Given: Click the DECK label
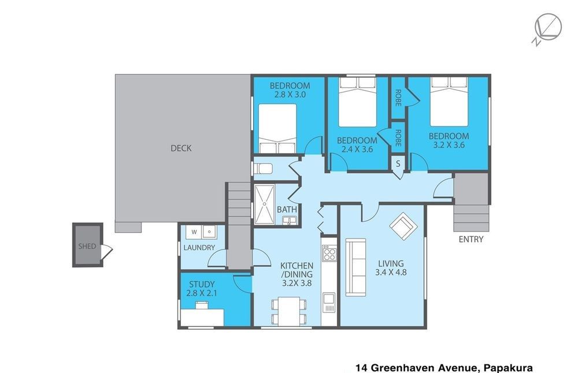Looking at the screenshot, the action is point(181,148).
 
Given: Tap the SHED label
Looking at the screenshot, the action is point(87,246).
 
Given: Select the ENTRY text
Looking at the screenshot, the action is point(470,240).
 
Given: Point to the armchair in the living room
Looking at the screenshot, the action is point(403,226).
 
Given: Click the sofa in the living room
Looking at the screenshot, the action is point(355,267).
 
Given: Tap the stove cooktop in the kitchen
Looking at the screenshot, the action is point(329,253).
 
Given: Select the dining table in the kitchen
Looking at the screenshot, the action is point(288,312).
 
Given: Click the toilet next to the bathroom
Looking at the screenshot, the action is point(263,169).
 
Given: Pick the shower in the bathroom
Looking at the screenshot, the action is point(264,204).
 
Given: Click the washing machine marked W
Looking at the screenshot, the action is point(194,232).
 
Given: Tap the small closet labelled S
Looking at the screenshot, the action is point(398,163).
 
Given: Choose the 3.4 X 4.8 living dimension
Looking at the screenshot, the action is point(391,273).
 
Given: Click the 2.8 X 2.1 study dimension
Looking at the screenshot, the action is point(202,293).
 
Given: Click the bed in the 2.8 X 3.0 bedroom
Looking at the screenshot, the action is point(277,128).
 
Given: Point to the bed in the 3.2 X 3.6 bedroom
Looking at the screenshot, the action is point(449,102).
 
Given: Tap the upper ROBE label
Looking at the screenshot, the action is point(398,98).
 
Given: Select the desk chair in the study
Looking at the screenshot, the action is point(202,305).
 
